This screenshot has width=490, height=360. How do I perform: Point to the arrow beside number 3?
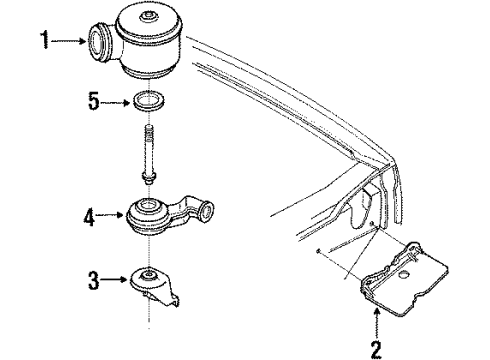click(113, 281)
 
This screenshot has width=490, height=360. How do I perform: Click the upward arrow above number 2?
click(377, 322)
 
